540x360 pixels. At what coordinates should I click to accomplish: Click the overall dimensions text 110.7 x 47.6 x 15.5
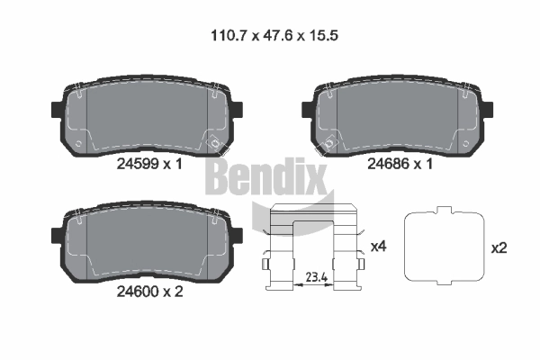(274, 35)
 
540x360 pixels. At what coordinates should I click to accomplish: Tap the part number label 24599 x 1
(149, 164)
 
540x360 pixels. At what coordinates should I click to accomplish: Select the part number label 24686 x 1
(400, 164)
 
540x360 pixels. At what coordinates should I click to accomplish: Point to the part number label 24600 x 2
(149, 292)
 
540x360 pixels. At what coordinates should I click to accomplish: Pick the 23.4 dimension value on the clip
(317, 277)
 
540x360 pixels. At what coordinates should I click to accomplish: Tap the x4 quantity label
(379, 247)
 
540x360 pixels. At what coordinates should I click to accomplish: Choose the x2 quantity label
(499, 248)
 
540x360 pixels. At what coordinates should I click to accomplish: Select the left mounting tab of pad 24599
(58, 109)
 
